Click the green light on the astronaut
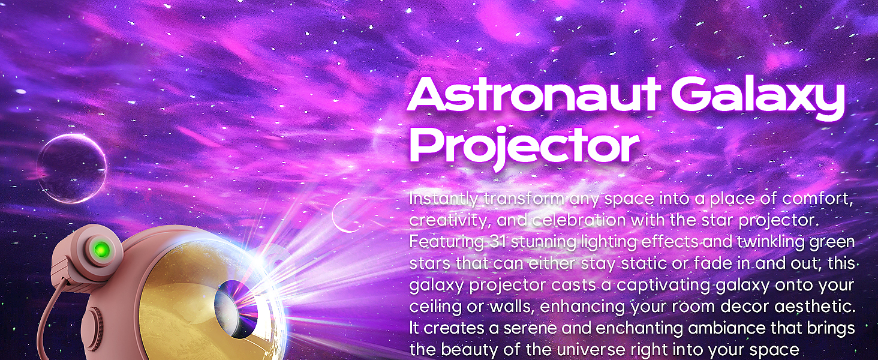click(101, 248)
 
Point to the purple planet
click(72, 168)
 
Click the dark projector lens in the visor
click(237, 307)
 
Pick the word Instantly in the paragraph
click(444, 199)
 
